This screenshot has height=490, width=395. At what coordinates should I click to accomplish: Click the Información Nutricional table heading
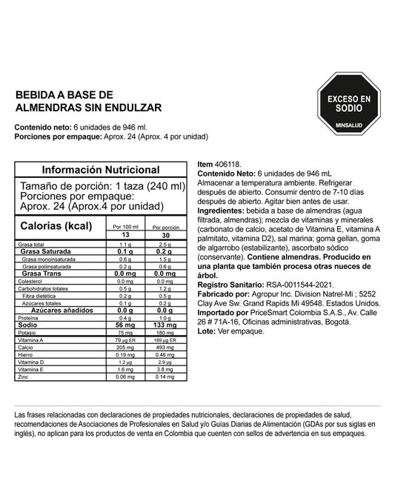(x=100, y=170)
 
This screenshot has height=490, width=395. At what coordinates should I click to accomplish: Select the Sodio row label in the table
(x=29, y=324)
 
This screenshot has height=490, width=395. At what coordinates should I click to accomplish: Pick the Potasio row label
(x=27, y=332)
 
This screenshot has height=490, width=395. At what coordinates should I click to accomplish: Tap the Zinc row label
(x=24, y=377)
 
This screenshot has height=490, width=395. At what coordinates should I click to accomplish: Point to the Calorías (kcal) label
(x=56, y=226)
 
